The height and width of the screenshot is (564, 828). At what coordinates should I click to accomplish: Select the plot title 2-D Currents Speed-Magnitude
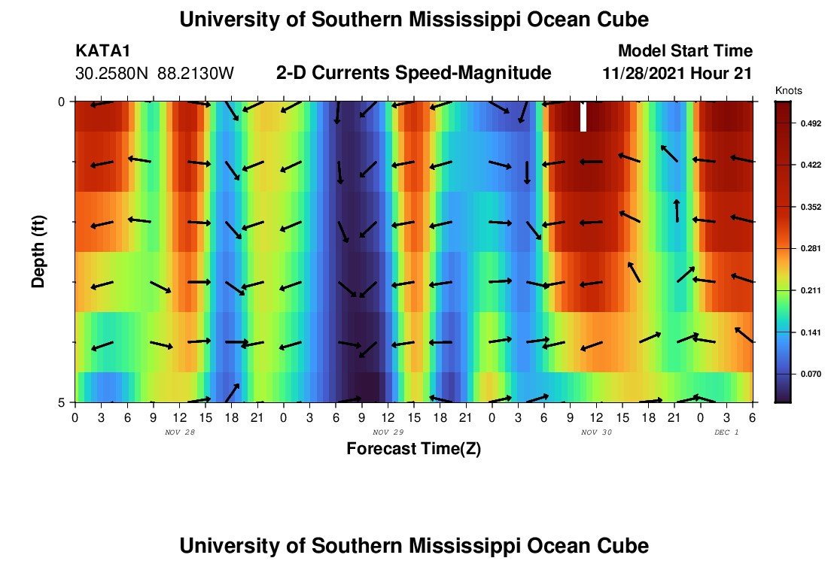(x=414, y=73)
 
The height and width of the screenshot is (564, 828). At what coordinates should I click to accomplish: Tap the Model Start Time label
(x=685, y=51)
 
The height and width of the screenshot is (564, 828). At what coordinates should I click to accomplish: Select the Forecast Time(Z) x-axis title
(x=413, y=449)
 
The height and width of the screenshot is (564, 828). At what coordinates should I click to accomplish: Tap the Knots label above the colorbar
(x=788, y=90)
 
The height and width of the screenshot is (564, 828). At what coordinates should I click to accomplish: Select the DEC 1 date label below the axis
(x=726, y=432)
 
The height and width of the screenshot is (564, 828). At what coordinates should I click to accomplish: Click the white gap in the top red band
(x=583, y=117)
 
